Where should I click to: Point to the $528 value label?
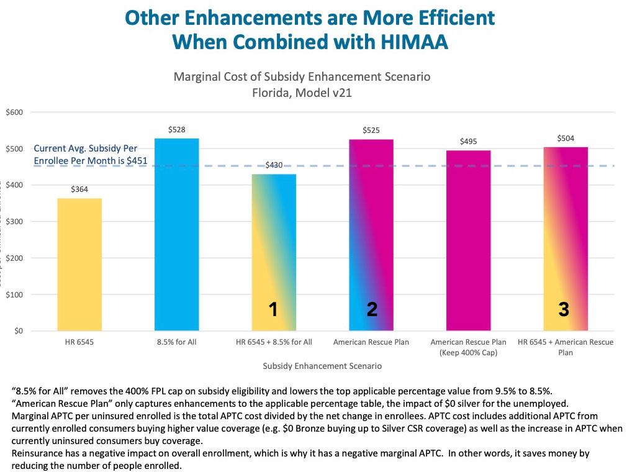[x=177, y=130]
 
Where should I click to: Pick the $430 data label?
[x=274, y=165]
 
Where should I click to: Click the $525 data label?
[x=371, y=130]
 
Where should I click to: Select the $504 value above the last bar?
[x=565, y=138]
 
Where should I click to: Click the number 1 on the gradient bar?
[x=273, y=309]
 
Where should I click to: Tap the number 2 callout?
[x=372, y=309]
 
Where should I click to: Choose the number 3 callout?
[x=563, y=309]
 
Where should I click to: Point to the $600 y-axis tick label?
[x=14, y=112]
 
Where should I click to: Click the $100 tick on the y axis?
[x=14, y=294]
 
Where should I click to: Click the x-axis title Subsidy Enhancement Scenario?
[x=322, y=366]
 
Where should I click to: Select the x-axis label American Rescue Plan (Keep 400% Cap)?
[x=469, y=347]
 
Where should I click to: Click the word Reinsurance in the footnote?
[x=38, y=453]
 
